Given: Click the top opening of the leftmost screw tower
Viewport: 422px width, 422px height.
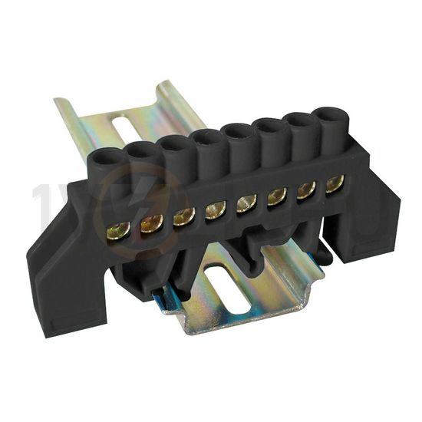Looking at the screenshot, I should (109, 160).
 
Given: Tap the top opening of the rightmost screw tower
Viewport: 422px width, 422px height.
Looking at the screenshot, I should (331, 121).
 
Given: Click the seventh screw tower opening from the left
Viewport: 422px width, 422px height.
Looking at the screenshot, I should (302, 124).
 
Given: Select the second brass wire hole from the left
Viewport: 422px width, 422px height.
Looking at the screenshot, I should (150, 224).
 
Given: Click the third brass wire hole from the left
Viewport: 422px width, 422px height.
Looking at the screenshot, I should (183, 217).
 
